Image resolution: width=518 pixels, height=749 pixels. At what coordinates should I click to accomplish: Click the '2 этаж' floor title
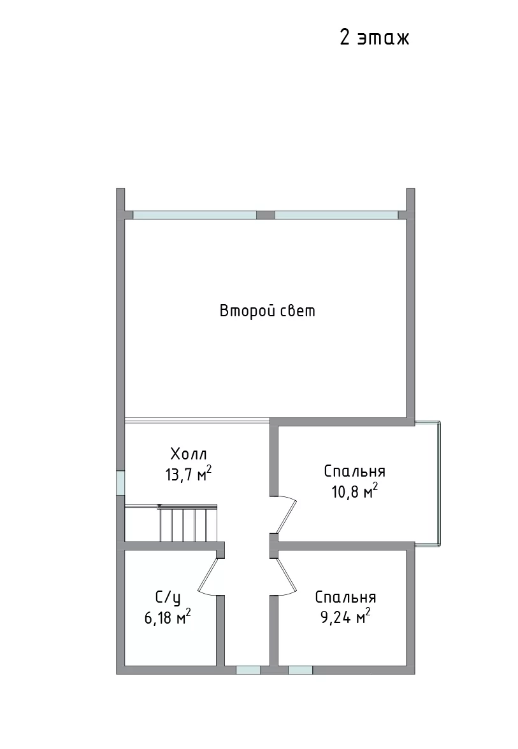375,38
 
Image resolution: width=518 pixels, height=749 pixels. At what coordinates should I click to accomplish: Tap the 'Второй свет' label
268,311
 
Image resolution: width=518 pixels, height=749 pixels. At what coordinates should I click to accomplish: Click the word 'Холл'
189,453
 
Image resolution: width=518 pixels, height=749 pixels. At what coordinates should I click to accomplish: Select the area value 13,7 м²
188,474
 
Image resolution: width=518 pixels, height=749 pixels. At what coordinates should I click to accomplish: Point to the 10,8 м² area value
354,491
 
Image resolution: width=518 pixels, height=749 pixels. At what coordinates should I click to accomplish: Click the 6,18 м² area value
168,618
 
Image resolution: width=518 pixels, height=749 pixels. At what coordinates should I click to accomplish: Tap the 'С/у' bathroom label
168,598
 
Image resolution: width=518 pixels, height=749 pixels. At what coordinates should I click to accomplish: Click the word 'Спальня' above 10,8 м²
354,472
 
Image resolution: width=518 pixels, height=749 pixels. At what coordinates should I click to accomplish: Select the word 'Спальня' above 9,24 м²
345,597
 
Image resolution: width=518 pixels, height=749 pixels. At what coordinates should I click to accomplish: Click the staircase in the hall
187,523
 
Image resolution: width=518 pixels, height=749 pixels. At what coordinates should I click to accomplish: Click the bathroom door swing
210,577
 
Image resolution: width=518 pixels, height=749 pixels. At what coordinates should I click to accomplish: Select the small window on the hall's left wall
120,483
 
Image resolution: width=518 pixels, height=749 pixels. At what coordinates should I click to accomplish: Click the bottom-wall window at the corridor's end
248,670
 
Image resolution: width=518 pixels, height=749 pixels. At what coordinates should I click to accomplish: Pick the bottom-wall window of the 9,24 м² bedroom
300,670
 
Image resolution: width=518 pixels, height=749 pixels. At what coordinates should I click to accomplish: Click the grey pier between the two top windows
266,215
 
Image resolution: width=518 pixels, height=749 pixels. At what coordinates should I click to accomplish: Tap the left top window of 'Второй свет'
195,215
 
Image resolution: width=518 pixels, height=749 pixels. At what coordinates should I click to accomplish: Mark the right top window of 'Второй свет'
336,215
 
